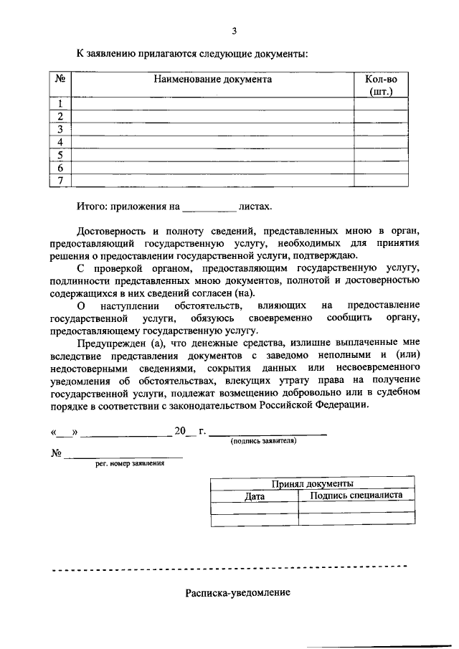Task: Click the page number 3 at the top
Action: tap(234, 31)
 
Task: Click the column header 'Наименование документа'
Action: tap(213, 80)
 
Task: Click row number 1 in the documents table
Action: tap(61, 103)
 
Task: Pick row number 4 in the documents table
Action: tap(61, 142)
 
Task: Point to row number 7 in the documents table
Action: tap(61, 180)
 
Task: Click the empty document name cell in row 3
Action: tap(213, 129)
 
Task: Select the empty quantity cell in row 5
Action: tap(381, 155)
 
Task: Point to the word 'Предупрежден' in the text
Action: tap(108, 343)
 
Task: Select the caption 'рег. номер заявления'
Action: tap(130, 464)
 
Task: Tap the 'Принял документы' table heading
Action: tap(313, 484)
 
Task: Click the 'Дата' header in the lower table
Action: tap(255, 496)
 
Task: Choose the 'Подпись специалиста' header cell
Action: tap(356, 495)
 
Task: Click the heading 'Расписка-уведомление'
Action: tap(237, 594)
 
